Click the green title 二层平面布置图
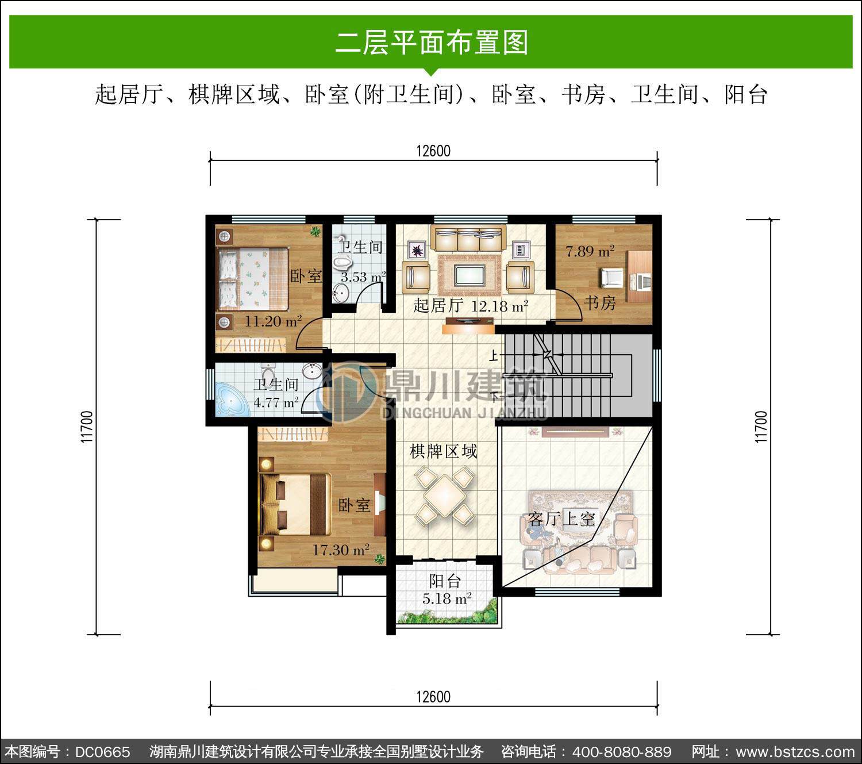432,43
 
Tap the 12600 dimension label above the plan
433,151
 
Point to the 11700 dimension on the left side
87,427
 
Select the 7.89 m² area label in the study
590,251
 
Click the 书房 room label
599,303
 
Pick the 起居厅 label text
438,306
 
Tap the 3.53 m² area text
363,277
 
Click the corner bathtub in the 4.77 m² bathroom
232,400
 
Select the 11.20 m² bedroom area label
273,321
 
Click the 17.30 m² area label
341,550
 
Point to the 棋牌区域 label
443,452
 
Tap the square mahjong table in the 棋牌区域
445,496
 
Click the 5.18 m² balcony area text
447,599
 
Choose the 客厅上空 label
561,519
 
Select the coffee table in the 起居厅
470,275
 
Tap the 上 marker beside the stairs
493,355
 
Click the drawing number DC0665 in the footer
102,752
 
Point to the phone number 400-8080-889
622,752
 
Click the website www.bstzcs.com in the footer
795,752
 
